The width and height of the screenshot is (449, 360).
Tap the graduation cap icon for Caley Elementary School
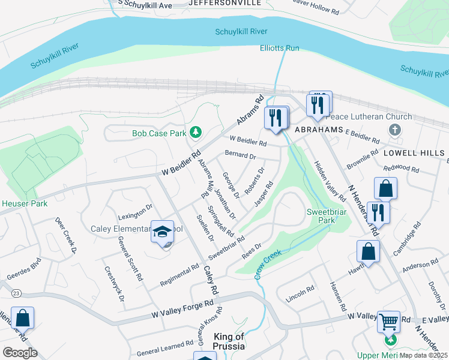pos(162,232)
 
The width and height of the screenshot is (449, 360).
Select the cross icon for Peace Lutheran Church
pos(394,129)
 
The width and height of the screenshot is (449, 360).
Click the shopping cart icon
pos(388,321)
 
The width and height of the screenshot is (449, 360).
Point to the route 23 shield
pos(16,293)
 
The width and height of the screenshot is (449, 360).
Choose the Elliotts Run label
pos(280,48)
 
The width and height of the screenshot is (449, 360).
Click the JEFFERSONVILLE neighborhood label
pos(224,3)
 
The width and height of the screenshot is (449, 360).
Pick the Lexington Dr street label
pos(136,212)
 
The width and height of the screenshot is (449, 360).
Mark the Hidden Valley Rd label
pos(330,181)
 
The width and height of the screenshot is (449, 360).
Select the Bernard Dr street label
pos(240,156)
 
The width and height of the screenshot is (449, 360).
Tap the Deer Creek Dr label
pos(67,235)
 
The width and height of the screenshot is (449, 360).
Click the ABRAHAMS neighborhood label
pos(318,130)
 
